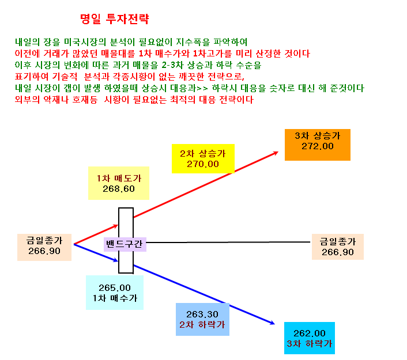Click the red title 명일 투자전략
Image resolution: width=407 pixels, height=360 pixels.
(115, 19)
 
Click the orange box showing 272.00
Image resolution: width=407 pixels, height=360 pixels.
(318, 145)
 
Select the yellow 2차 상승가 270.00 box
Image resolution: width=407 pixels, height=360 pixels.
(203, 158)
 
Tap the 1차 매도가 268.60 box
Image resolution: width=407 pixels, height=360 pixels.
(119, 183)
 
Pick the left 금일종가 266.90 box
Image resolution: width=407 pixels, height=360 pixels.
(44, 247)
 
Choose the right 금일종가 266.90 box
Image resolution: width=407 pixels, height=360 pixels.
(337, 247)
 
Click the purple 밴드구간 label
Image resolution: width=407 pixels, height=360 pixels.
(125, 244)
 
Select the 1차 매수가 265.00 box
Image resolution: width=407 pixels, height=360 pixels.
(115, 293)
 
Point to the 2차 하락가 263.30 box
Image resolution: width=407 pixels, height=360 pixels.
(202, 319)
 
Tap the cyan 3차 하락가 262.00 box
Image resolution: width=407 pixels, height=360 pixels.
(310, 338)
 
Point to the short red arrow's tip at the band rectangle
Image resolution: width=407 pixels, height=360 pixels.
(118, 226)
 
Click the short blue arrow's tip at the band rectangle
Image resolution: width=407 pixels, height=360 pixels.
(118, 261)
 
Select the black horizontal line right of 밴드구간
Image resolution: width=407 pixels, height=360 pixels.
(228, 242)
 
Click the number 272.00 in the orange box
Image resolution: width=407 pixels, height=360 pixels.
(318, 146)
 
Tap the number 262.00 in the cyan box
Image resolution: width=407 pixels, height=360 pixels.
(310, 334)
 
